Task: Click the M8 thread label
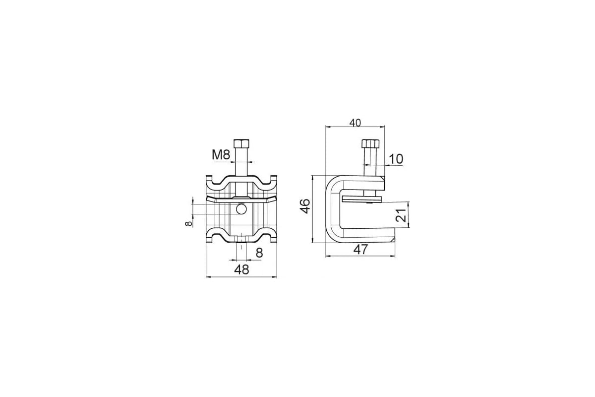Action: [221, 155]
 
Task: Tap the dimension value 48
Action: [241, 269]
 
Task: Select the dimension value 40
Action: [355, 123]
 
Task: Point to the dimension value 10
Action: [396, 159]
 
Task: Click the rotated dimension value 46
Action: [305, 206]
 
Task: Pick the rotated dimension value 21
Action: [401, 215]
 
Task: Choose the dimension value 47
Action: [360, 250]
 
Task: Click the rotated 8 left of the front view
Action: [188, 223]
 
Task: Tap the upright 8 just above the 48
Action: [259, 253]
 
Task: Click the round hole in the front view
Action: [241, 209]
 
